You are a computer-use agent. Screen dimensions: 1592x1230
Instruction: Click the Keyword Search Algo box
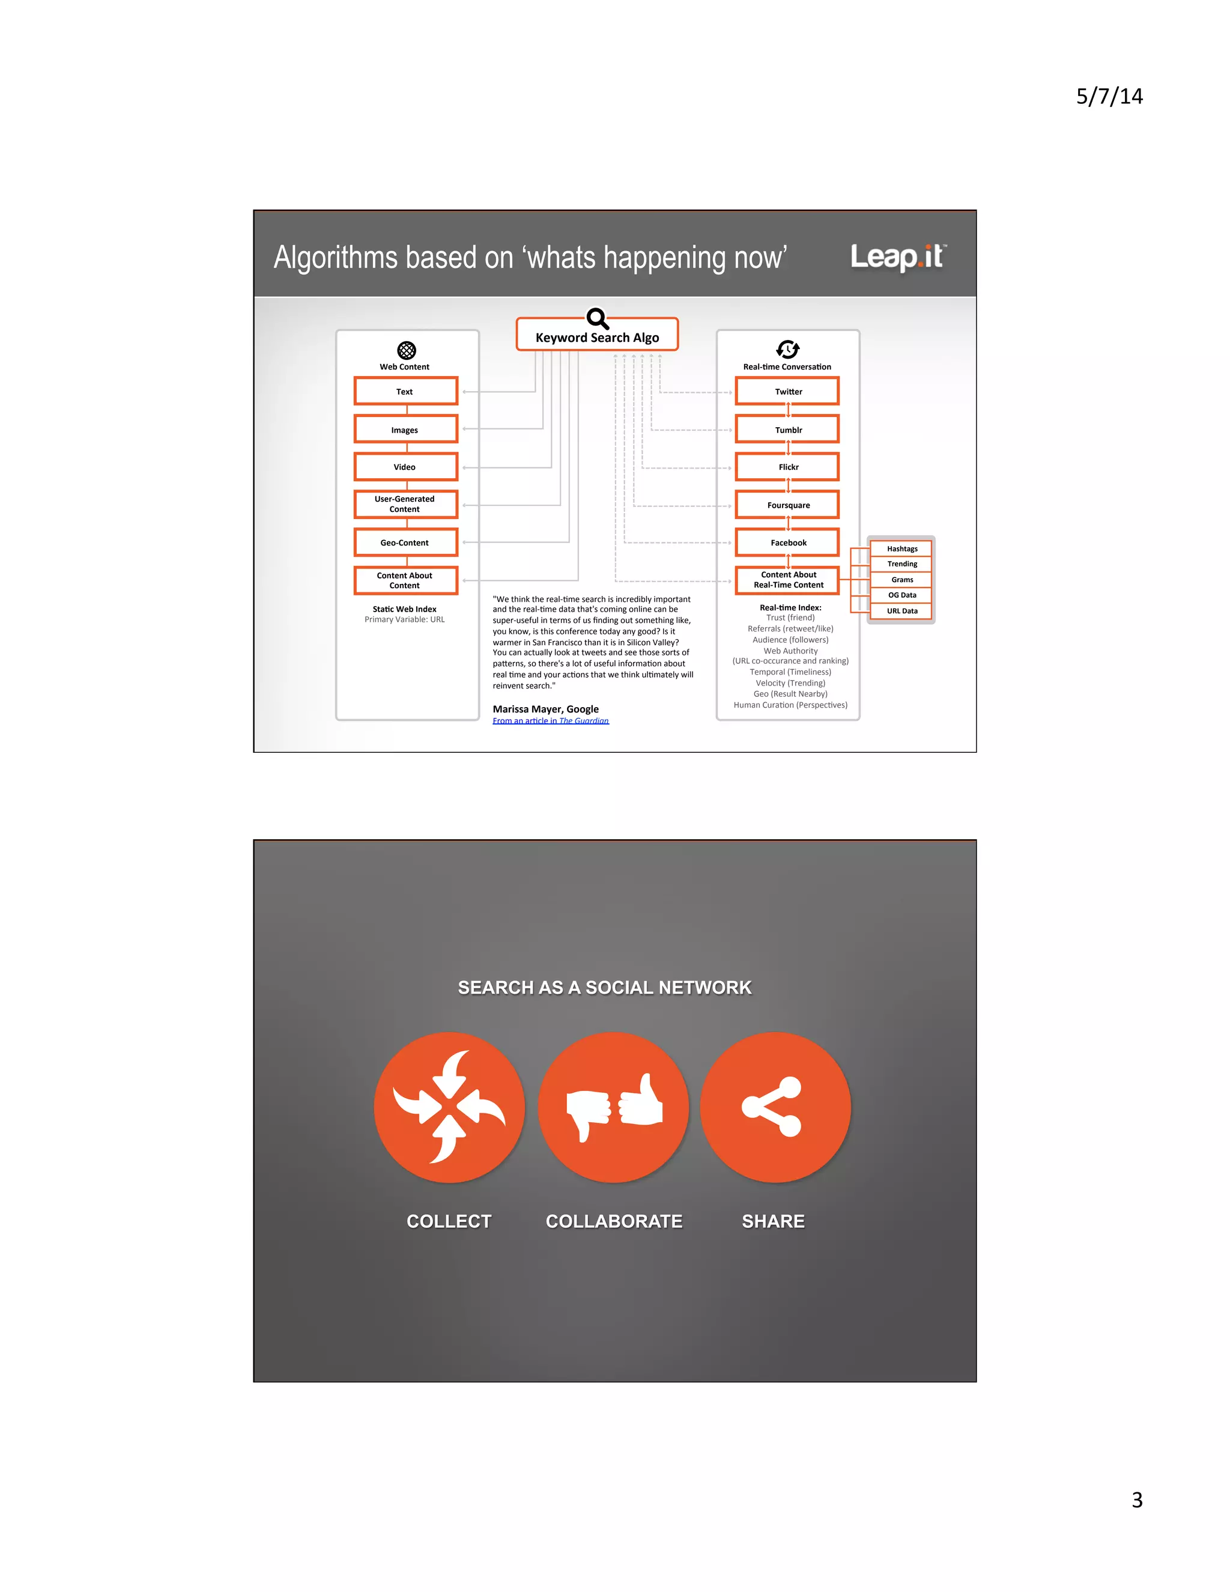(x=597, y=337)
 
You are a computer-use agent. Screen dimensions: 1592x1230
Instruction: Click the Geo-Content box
(x=405, y=542)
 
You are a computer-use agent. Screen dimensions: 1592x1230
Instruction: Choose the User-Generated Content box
(x=405, y=503)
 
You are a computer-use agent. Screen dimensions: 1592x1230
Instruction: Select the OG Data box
(x=901, y=595)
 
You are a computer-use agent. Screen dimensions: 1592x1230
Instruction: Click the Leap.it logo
(x=898, y=257)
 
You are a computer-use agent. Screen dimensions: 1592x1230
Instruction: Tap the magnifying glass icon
(x=598, y=318)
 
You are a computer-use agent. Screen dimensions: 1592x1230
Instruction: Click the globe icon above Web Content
(x=407, y=350)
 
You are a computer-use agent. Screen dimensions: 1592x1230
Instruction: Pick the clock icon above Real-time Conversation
(x=788, y=349)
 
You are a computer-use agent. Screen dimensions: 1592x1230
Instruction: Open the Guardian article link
(x=550, y=721)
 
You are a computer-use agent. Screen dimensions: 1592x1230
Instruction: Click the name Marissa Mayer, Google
(x=545, y=708)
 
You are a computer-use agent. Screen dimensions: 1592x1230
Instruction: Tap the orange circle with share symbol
(x=775, y=1107)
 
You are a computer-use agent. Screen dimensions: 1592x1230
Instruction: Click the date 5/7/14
(x=1109, y=96)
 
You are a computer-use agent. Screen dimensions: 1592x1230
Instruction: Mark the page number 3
(x=1137, y=1500)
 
